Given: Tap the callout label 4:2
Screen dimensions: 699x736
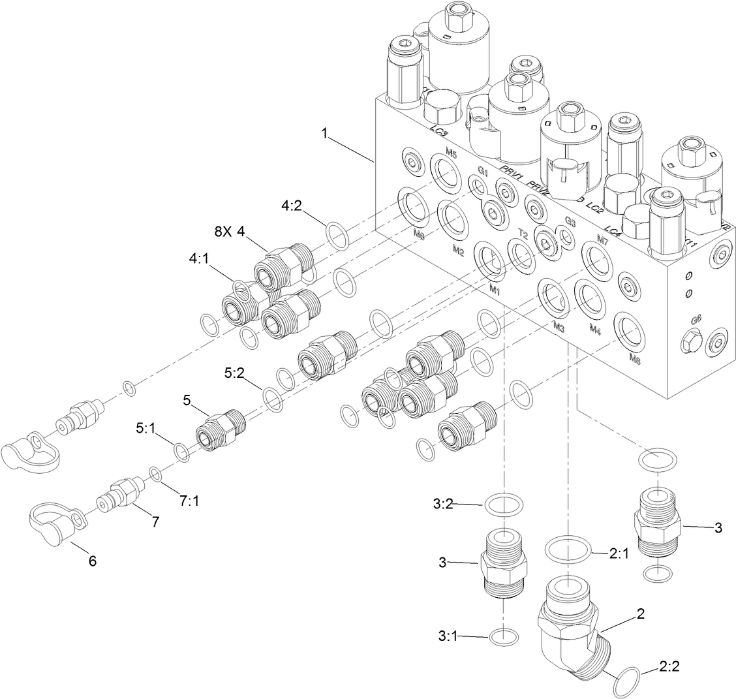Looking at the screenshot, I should tap(291, 205).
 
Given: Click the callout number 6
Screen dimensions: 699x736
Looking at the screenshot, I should tap(92, 561).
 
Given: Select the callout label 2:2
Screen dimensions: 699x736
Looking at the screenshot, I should tap(669, 667).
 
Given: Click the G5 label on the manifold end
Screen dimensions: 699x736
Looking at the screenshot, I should tap(696, 320).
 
